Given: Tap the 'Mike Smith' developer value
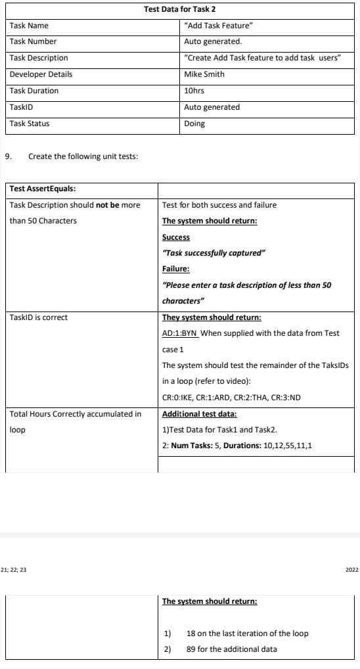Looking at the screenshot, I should click(x=204, y=74).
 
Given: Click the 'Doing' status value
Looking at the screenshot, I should click(x=194, y=123).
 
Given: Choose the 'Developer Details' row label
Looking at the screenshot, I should click(x=41, y=74).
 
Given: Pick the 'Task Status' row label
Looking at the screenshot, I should click(x=30, y=123).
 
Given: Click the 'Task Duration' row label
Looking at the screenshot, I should click(x=34, y=91).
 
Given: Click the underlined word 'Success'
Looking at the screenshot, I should click(x=175, y=237).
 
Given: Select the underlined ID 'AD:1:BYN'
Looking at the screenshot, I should click(x=179, y=333).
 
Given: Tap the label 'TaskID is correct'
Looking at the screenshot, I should click(x=39, y=317).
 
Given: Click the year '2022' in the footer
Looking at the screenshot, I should click(x=351, y=569).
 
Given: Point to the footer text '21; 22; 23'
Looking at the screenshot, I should click(x=14, y=569).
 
